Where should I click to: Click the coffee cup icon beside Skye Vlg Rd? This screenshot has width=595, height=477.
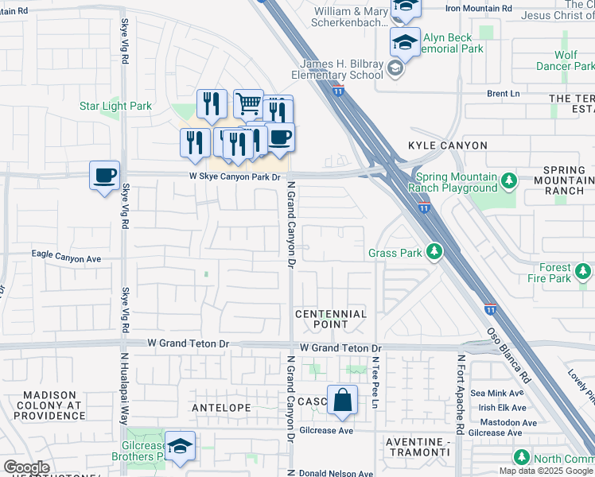pos(104,174)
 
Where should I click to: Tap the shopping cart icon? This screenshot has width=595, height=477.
pos(248,103)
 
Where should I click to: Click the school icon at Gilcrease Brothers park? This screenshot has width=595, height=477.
pos(181,447)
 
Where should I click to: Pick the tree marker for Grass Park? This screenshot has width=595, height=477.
pos(434,253)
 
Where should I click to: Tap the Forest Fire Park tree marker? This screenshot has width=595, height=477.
pos(585,273)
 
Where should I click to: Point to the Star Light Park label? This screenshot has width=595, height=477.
pos(115,106)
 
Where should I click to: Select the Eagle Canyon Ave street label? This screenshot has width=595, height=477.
pos(66,258)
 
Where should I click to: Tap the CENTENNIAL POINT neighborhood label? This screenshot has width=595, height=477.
pos(331,319)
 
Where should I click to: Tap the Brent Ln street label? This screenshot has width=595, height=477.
pos(503,94)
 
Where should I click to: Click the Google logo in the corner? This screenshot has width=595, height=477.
pos(25,467)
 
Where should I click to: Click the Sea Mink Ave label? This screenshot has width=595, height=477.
pos(497,393)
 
